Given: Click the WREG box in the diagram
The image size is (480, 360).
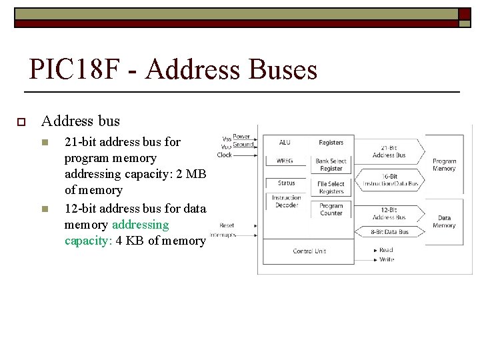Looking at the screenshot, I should pyautogui.click(x=285, y=161).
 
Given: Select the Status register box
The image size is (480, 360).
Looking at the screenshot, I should pyautogui.click(x=286, y=183).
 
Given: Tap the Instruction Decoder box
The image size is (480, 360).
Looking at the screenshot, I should pyautogui.click(x=286, y=201).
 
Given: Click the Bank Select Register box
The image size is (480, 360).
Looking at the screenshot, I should pyautogui.click(x=331, y=165).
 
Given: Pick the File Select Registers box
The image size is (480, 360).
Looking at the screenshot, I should pyautogui.click(x=331, y=187).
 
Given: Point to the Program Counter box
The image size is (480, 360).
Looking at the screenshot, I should pyautogui.click(x=331, y=209).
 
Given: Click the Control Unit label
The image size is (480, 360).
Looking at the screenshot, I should pyautogui.click(x=309, y=251).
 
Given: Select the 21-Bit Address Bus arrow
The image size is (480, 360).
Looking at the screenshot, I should pyautogui.click(x=389, y=151).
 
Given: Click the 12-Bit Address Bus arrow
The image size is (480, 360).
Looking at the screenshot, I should pyautogui.click(x=389, y=213).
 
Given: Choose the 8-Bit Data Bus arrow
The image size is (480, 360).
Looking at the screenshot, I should pyautogui.click(x=389, y=232).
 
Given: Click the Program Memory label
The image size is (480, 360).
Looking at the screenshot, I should pyautogui.click(x=444, y=165).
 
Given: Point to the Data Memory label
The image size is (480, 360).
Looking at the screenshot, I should pyautogui.click(x=444, y=221).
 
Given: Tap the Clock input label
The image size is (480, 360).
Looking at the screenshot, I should pyautogui.click(x=225, y=155).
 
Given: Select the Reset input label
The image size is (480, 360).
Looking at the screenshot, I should pyautogui.click(x=227, y=225).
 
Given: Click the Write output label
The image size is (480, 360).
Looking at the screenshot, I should pyautogui.click(x=386, y=259).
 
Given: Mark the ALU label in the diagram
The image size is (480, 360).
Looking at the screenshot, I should pyautogui.click(x=285, y=142).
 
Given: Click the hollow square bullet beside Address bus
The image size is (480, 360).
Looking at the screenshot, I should pyautogui.click(x=21, y=121).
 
